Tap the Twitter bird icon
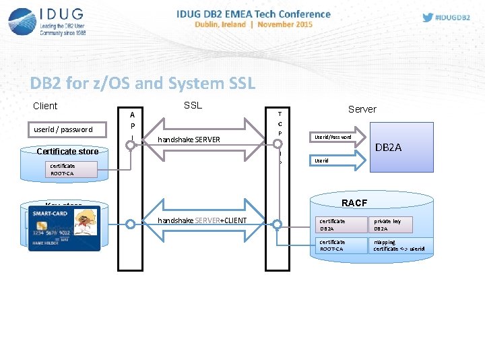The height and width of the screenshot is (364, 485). pos(428,18)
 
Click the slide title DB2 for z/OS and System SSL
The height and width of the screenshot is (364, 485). pos(143,84)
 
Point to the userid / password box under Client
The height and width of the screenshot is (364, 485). pos(63,129)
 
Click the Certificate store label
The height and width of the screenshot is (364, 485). pos(67,151)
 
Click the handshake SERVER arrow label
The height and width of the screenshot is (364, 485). pos(189,140)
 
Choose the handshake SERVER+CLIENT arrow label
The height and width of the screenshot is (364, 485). pos(201,221)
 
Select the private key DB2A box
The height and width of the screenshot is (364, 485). pos(398,224)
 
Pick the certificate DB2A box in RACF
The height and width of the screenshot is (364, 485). pos(340,224)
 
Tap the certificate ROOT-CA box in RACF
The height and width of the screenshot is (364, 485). pos(340,245)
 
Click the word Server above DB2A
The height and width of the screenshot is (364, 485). pos(362,109)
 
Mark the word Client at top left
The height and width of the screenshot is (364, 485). pos(45,106)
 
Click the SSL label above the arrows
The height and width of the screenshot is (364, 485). pos(193,106)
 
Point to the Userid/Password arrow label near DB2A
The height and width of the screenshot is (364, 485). pos(333,137)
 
